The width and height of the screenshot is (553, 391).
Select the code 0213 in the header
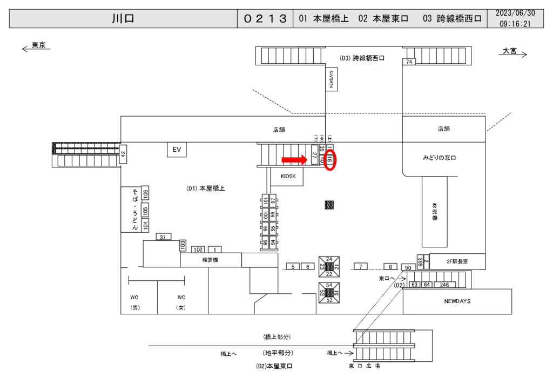pyautogui.click(x=265, y=19)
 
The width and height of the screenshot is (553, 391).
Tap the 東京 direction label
pyautogui.click(x=38, y=45)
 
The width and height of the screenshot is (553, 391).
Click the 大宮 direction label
pyautogui.click(x=509, y=51)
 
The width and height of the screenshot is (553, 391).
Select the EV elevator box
pyautogui.click(x=176, y=150)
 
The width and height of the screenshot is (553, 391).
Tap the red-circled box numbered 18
pyautogui.click(x=329, y=160)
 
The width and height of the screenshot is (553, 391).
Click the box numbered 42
pyautogui.click(x=123, y=154)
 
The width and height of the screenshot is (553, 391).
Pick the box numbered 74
pyautogui.click(x=409, y=62)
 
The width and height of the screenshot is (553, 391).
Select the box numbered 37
pyautogui.click(x=164, y=237)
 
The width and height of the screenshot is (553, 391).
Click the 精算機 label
pyautogui.click(x=211, y=260)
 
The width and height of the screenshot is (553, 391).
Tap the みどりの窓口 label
pyautogui.click(x=440, y=158)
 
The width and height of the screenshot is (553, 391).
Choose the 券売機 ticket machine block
pyautogui.click(x=434, y=211)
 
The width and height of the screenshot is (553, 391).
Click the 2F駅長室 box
pyautogui.click(x=457, y=261)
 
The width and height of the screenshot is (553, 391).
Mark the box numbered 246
pyautogui.click(x=444, y=285)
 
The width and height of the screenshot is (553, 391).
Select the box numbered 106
pyautogui.click(x=145, y=193)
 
